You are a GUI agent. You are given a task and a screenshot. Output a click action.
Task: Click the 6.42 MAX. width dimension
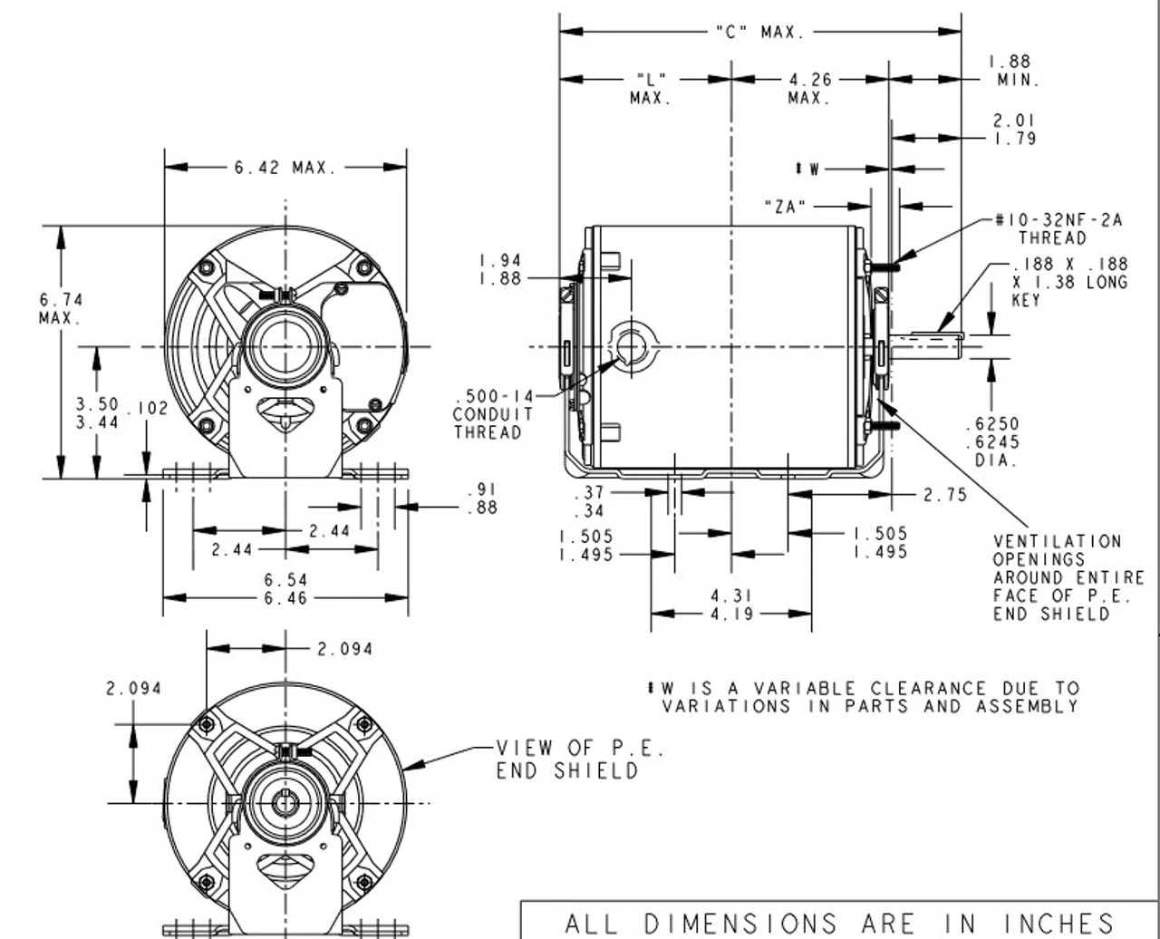click(x=285, y=168)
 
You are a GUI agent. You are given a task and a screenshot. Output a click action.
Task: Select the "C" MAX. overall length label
click(x=759, y=33)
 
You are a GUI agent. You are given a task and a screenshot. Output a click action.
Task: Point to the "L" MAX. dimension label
click(x=651, y=88)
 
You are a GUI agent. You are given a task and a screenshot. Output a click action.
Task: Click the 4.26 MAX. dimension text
click(x=809, y=88)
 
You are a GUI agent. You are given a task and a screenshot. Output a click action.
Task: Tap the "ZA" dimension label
click(x=785, y=207)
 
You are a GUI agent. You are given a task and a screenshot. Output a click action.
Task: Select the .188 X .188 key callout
click(x=1069, y=282)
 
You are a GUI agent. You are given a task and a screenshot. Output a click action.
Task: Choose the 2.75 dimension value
click(x=944, y=495)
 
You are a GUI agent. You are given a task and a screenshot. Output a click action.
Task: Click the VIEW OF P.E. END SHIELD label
click(x=580, y=759)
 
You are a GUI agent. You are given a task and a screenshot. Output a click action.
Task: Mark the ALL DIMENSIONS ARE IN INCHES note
click(x=839, y=923)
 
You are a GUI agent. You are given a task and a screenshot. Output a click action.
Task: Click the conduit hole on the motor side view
click(x=631, y=346)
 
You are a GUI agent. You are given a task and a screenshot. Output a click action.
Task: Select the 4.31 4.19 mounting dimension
click(x=731, y=605)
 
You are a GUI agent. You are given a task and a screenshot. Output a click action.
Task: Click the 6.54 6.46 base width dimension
click(x=285, y=588)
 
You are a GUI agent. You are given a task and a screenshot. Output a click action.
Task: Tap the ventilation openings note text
click(x=1068, y=577)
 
